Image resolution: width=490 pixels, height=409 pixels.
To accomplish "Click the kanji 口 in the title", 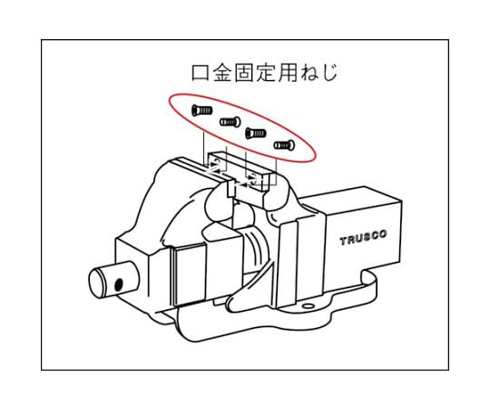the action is point(201,73).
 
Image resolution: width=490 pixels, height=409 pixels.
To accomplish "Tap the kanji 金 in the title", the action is point(223,73).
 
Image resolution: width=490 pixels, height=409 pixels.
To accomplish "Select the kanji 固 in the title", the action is point(244,73).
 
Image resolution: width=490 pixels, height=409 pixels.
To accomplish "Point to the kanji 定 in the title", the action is point(265,73).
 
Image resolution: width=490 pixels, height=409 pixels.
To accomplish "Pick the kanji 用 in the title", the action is point(287,73).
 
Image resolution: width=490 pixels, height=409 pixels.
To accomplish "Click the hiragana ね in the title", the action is point(309,73).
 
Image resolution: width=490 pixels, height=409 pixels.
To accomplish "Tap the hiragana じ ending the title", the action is point(329,73).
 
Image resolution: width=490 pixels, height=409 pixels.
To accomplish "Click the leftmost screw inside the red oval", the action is point(201,110).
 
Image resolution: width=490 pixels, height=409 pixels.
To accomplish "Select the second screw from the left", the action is point(230,122).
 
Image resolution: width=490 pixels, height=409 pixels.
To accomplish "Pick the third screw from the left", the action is point(256,134).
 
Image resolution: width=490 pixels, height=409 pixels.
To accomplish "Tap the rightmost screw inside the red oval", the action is point(284,145).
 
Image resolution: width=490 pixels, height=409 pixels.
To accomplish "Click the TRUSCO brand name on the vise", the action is point(363,238).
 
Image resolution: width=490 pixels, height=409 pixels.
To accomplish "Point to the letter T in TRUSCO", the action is point(344,241).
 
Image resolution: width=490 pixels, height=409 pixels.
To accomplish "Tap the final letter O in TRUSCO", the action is point(383,234).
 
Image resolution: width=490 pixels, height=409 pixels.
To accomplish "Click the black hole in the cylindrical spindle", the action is point(119,284).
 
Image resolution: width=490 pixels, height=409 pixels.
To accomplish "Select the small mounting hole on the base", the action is point(309,305).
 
